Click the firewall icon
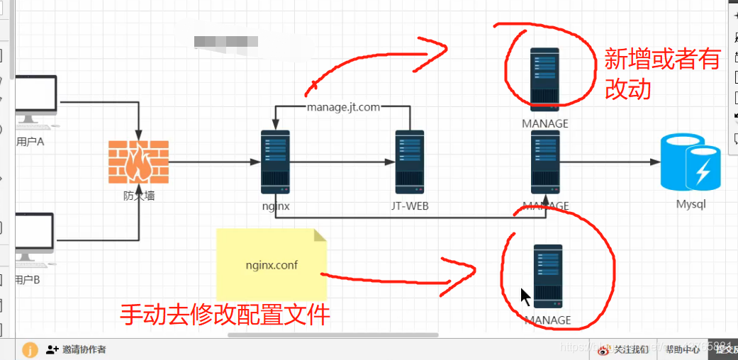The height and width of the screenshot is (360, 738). click(x=138, y=162)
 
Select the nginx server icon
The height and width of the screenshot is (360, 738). click(x=275, y=162)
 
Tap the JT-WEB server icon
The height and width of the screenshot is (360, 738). click(x=410, y=162)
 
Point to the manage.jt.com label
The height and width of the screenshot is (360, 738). click(x=343, y=107)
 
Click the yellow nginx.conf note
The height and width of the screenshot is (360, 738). click(x=272, y=264)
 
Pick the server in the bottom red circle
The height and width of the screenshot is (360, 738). click(x=547, y=276)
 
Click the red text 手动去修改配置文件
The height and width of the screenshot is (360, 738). click(x=225, y=314)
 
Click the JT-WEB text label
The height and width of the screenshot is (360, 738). click(x=410, y=206)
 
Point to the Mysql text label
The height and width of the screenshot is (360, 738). click(x=691, y=206)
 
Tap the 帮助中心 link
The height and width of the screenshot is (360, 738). click(x=683, y=349)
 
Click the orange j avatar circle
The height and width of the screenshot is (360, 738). click(x=30, y=349)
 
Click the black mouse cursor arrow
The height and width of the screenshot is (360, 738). click(x=525, y=296)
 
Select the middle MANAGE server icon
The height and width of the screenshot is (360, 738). click(x=545, y=162)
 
